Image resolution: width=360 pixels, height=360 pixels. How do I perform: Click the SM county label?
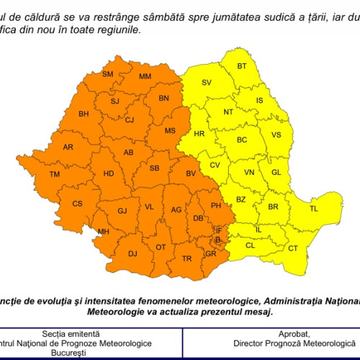(x=108, y=74)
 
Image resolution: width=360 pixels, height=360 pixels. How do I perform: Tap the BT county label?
(x=242, y=66)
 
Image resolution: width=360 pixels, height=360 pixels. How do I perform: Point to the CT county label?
(x=293, y=248)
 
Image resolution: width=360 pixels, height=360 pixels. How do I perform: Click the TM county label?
(x=55, y=174)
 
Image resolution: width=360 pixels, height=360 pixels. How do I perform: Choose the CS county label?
(x=77, y=204)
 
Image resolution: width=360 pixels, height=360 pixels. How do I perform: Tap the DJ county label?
(x=132, y=253)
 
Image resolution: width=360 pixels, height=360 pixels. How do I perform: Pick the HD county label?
(x=109, y=174)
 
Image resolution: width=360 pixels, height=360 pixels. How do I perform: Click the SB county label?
(x=154, y=168)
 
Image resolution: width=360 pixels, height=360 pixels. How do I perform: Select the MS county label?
(x=170, y=130)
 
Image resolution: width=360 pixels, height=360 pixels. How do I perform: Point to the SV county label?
(x=207, y=84)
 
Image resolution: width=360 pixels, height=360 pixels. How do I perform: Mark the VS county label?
(x=276, y=135)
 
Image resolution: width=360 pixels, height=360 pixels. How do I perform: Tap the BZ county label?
(x=241, y=199)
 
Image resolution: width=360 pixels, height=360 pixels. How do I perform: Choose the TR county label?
(x=187, y=258)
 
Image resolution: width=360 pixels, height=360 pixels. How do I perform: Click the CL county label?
(x=251, y=246)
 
